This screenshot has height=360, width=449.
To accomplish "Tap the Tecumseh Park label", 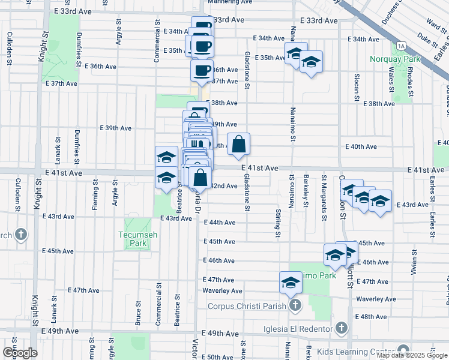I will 137,239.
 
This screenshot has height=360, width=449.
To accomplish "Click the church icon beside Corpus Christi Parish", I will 294,306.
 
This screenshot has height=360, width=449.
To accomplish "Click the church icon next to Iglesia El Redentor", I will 341,328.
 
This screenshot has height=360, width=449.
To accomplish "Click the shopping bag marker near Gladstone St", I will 239,144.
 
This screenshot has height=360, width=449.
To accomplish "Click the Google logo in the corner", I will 20,352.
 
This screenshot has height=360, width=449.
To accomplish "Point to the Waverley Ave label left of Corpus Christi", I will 223,291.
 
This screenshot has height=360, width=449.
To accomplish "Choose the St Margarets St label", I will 324,190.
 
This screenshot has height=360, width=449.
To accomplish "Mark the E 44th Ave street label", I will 218,222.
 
